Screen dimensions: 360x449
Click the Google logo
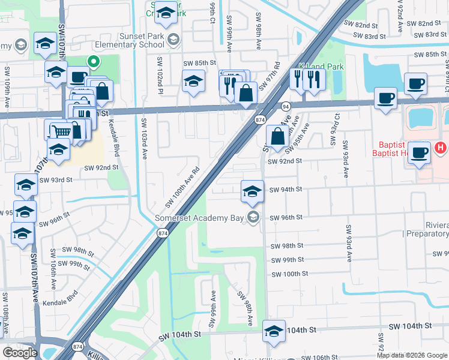pos(20,353)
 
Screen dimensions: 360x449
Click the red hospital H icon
pos(441,147)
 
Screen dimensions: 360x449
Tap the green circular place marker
pos(93,61)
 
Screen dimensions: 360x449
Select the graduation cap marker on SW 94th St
pos(252,191)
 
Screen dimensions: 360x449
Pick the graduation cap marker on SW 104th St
pos(273,331)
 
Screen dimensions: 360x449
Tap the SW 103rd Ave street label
pos(144,138)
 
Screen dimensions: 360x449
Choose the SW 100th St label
pos(289,274)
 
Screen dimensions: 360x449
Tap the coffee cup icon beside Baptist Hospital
pos(420,152)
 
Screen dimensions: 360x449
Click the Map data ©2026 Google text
pos(412,355)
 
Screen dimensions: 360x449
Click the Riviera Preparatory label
pos(427,229)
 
